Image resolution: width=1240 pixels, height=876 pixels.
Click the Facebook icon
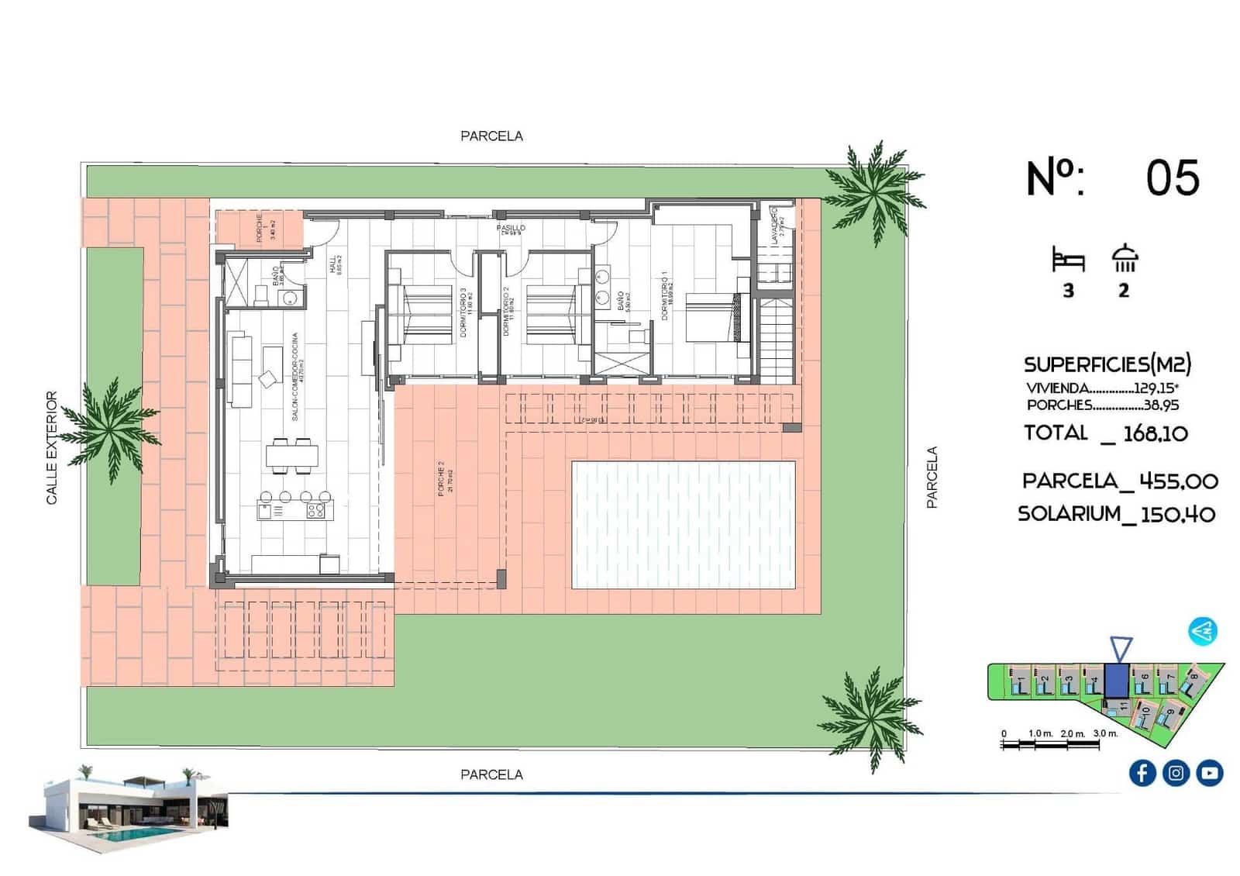click(1142, 773)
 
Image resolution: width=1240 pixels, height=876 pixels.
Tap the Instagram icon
click(1176, 773)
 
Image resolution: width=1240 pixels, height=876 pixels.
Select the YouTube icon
click(1209, 773)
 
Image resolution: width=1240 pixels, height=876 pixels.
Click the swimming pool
click(683, 525)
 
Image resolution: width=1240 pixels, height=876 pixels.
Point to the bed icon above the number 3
click(1068, 260)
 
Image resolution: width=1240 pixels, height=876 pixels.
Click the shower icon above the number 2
click(1124, 259)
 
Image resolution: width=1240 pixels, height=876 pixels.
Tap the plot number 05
click(1172, 178)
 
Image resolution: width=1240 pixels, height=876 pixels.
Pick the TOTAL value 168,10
click(1155, 433)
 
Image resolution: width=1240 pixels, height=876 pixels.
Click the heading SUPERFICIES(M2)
click(1107, 364)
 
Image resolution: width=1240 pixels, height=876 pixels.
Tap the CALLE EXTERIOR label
click(52, 447)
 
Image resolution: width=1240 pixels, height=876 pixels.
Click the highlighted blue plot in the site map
click(1116, 680)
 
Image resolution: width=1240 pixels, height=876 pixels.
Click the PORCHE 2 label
click(441, 478)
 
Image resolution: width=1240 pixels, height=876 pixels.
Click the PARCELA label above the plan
click(491, 136)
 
